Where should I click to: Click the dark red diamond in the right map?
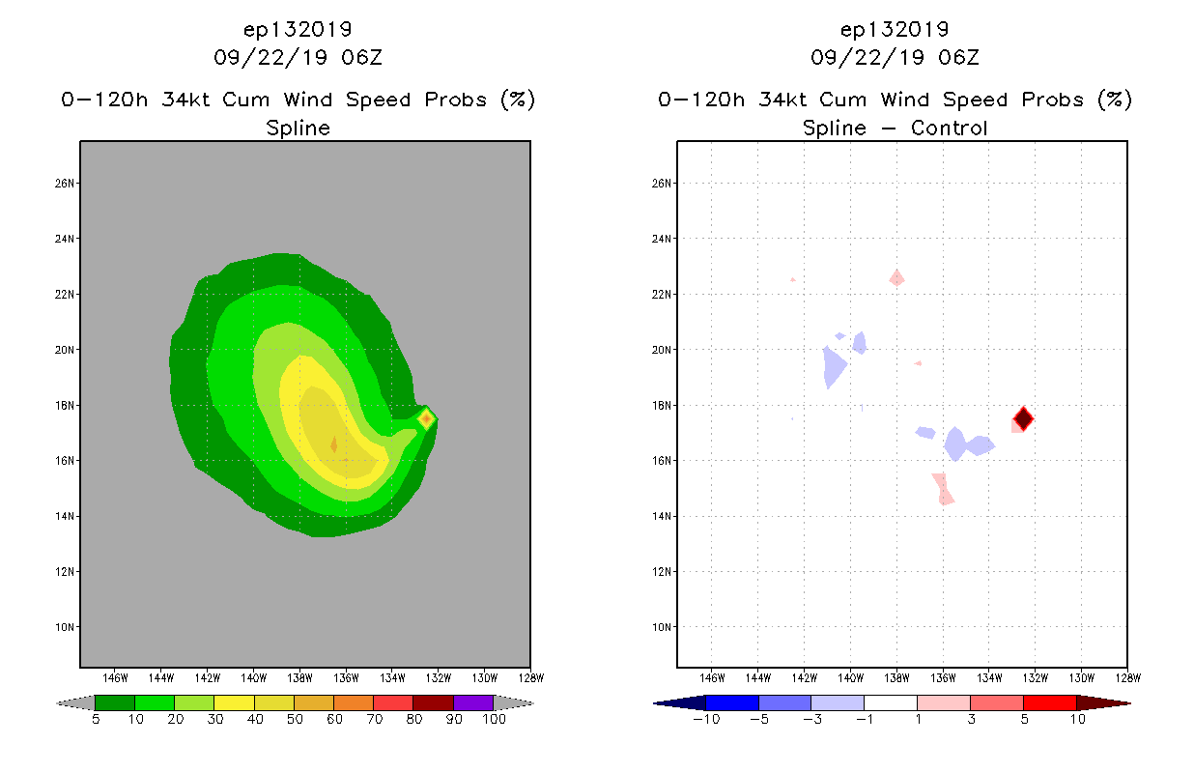coord(1023,418)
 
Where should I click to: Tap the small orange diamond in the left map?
coord(426,418)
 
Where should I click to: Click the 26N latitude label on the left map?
coord(66,183)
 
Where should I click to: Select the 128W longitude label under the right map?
coord(1126,677)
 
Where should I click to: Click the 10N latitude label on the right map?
coord(663,627)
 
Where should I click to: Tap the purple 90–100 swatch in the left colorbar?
coord(473,702)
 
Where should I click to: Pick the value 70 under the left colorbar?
coord(374,719)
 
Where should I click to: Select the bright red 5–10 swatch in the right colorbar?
coord(1049,702)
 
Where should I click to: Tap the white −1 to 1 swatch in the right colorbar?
coord(890,702)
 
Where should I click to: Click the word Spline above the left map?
coord(298,128)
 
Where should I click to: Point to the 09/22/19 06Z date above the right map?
coord(895,57)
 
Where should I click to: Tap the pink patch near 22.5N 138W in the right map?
coord(896,278)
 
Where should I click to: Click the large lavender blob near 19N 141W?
coord(834,366)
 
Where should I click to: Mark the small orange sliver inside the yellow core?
coord(334,444)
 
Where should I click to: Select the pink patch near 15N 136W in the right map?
coord(943,488)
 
